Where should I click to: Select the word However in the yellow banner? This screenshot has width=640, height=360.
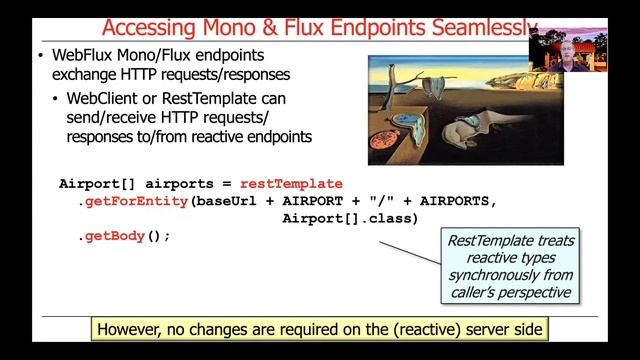[x=137, y=329]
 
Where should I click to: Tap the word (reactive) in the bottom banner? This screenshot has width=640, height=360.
[x=399, y=329]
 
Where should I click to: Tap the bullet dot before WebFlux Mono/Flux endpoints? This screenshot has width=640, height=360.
[x=40, y=55]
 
